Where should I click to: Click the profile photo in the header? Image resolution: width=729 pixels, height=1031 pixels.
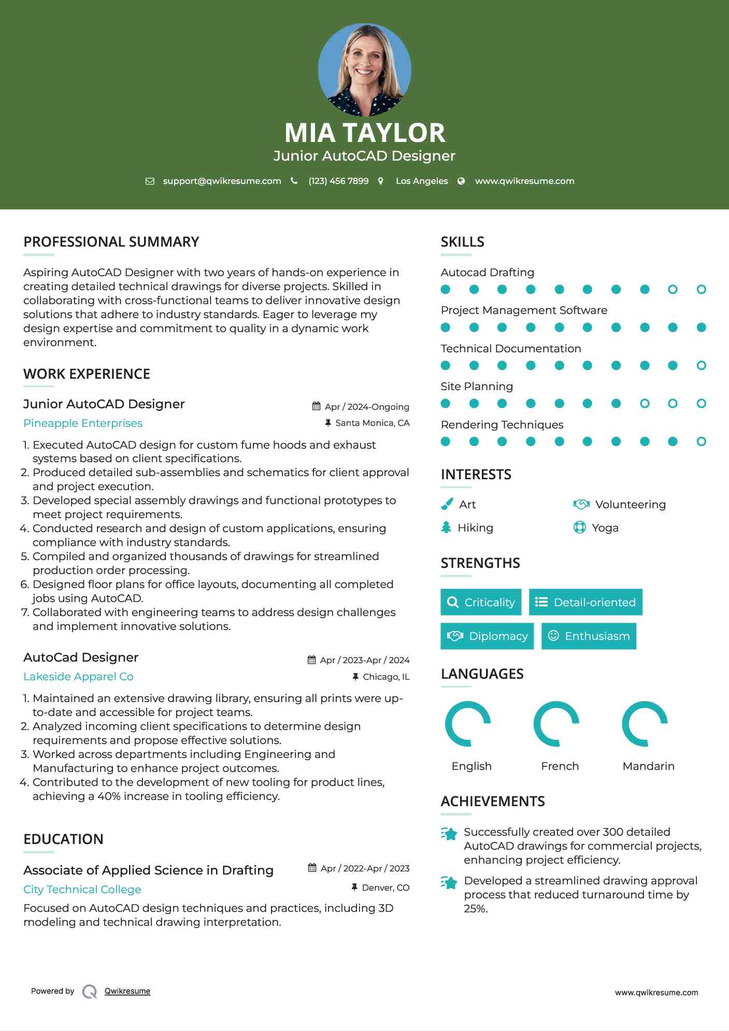click(364, 69)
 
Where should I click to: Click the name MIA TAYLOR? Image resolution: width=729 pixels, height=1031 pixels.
click(364, 133)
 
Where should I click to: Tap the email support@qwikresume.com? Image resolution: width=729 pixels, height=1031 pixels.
click(222, 181)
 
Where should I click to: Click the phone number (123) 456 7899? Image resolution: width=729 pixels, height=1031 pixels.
click(338, 181)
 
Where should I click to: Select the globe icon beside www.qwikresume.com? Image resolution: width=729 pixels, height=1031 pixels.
click(461, 181)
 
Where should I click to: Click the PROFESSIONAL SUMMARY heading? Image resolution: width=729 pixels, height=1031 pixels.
click(111, 242)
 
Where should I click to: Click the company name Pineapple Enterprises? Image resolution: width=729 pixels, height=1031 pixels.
click(83, 423)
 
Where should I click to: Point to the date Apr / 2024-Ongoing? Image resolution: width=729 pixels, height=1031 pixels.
click(367, 407)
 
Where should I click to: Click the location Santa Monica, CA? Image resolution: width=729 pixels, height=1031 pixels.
click(372, 423)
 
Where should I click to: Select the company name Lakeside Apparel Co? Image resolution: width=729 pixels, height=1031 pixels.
click(78, 677)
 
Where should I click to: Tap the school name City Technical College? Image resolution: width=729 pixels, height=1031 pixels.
click(82, 890)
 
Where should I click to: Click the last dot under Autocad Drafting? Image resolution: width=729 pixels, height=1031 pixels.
click(701, 290)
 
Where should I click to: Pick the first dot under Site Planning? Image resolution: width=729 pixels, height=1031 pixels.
click(446, 404)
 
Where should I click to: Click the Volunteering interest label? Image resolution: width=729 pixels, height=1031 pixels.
click(630, 505)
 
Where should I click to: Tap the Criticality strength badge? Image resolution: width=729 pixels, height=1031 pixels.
click(481, 602)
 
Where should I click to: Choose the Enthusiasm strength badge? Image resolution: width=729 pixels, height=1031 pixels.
click(589, 636)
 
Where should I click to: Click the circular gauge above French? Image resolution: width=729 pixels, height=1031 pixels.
click(556, 724)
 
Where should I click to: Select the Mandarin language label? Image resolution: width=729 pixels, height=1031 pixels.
click(648, 766)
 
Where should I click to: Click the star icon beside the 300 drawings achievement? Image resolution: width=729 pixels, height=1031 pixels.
click(449, 834)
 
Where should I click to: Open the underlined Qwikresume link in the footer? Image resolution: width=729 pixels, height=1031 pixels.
click(127, 991)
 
